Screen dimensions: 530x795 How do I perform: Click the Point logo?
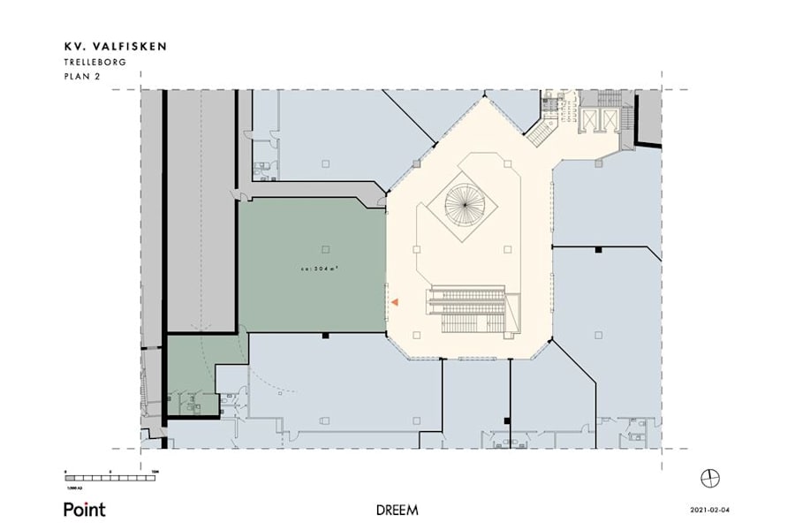84,509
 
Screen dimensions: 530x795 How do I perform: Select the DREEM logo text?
397,510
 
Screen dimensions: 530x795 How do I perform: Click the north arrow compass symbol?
710,478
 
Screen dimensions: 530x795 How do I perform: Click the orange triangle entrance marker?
397,303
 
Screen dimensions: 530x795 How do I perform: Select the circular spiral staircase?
465,202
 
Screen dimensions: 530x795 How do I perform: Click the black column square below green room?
326,335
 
